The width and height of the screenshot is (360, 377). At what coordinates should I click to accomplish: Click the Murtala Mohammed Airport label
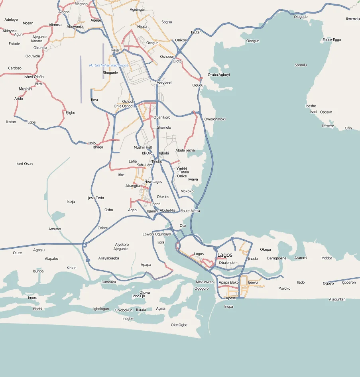[108, 65]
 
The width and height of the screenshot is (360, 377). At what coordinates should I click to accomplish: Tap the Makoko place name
[187, 191]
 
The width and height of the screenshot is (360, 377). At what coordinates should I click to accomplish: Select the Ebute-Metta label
[190, 211]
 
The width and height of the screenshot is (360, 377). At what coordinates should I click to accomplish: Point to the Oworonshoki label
[215, 119]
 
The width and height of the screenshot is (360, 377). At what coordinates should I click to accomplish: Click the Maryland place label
[164, 83]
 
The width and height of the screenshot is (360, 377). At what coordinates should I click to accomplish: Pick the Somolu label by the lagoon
[301, 65]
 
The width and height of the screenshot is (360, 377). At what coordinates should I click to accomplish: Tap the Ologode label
[301, 17]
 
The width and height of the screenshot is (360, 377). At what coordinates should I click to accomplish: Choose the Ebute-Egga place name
[332, 40]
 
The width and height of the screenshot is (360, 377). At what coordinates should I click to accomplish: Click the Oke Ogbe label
[179, 325]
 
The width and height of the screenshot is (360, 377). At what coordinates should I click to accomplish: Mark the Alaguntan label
[337, 299]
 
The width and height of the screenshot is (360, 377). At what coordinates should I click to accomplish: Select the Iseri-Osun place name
[24, 164]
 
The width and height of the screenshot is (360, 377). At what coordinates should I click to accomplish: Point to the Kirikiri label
[71, 268]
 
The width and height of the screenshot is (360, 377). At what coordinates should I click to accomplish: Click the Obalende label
[227, 263]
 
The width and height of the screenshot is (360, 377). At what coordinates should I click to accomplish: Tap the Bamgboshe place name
[277, 258]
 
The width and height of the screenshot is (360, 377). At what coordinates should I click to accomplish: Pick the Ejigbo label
[71, 113]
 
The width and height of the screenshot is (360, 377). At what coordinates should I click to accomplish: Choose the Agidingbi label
[137, 9]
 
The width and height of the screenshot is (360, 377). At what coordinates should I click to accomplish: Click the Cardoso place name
[15, 68]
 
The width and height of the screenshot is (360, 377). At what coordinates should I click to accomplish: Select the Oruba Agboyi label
[219, 75]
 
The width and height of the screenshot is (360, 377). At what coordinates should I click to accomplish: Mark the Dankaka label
[108, 282]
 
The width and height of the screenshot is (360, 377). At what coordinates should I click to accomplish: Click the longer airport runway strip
[81, 79]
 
